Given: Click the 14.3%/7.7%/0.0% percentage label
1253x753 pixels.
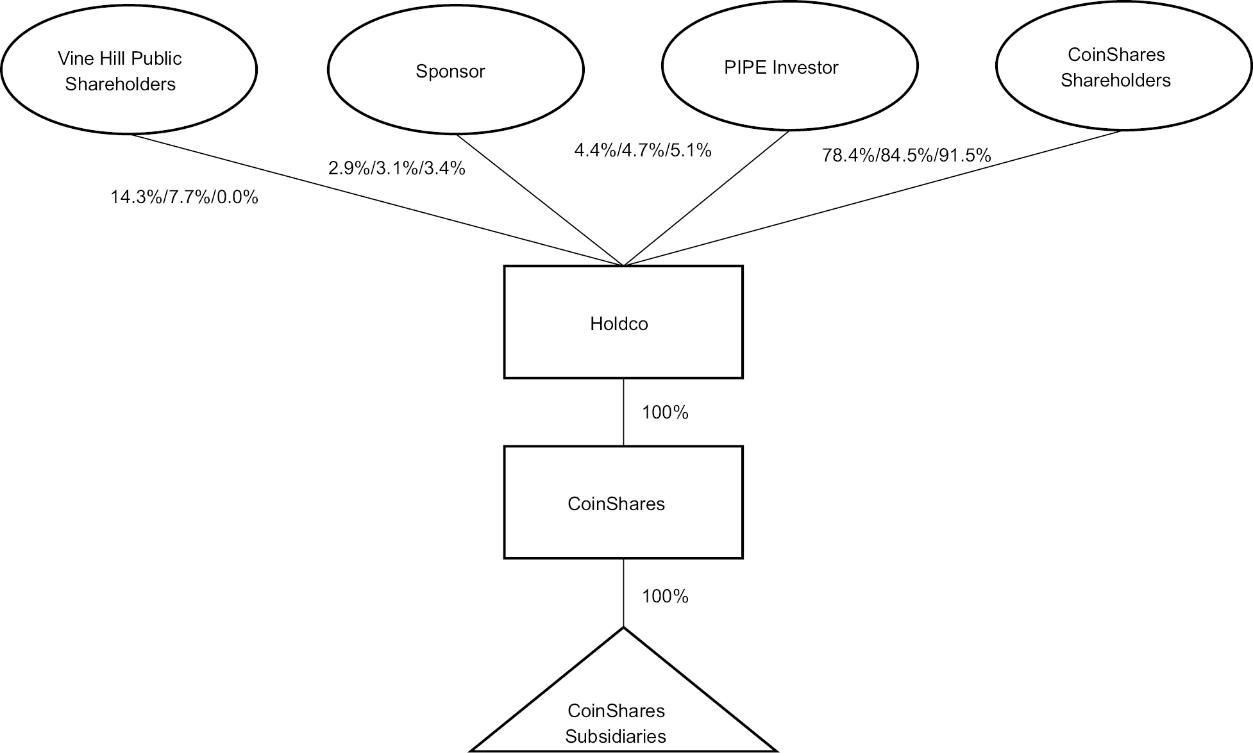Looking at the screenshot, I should pos(184,197).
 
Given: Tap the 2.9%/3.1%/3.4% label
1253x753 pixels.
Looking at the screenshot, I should pos(397,169).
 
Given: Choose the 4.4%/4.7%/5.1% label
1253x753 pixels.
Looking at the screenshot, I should pos(643,151).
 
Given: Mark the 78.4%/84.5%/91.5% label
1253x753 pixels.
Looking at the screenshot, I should pos(906,155).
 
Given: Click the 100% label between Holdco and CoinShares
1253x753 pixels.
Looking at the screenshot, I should pos(665,413).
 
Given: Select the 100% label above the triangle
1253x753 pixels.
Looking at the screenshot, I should pos(665,597).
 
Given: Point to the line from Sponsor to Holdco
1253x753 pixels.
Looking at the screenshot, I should pos(539,199).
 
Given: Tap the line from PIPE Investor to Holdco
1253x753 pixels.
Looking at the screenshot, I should pos(705,198).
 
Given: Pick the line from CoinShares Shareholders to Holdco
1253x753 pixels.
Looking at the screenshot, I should pos(872,198).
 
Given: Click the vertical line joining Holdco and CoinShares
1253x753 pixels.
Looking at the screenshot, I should pos(623,412).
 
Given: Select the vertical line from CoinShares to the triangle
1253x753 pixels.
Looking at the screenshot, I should pos(623,593).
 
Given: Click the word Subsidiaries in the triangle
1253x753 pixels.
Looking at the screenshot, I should pos(616,736).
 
